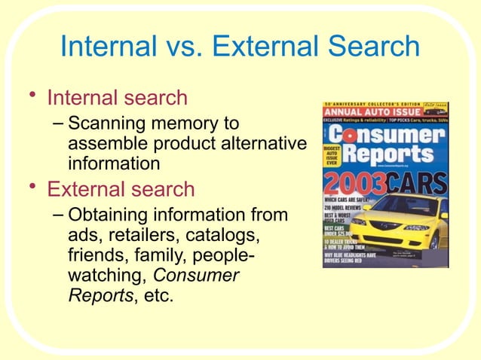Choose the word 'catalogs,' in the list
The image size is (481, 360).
pyautogui.click(x=220, y=236)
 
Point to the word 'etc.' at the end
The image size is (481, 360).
pyautogui.click(x=155, y=295)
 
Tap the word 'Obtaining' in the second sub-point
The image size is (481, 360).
pyautogui.click(x=113, y=215)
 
